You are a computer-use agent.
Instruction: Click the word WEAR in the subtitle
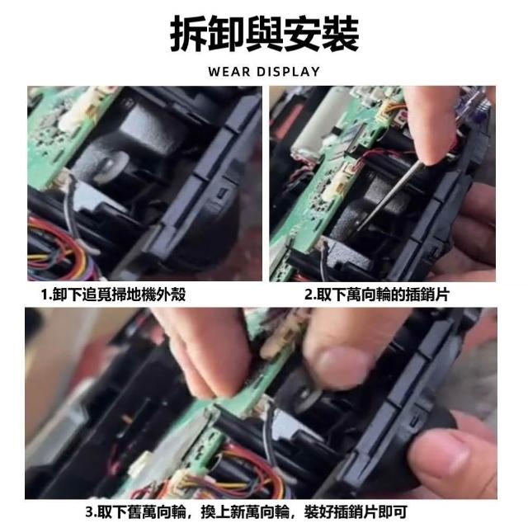coord(229,72)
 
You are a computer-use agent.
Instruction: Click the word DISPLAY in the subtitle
coord(288,72)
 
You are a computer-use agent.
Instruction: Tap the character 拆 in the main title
coord(189,35)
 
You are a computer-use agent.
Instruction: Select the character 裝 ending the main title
coord(340,35)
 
